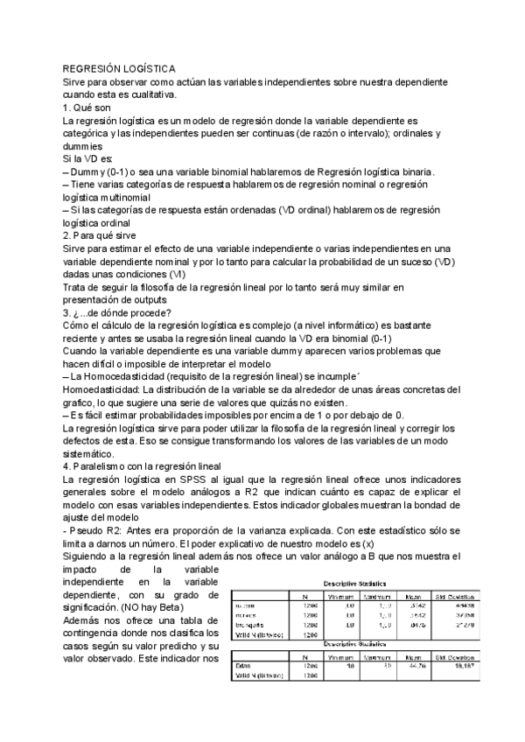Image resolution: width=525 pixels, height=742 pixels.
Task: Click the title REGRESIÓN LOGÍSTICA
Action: click(x=119, y=68)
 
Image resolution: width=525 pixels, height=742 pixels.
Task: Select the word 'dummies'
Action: click(x=83, y=146)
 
